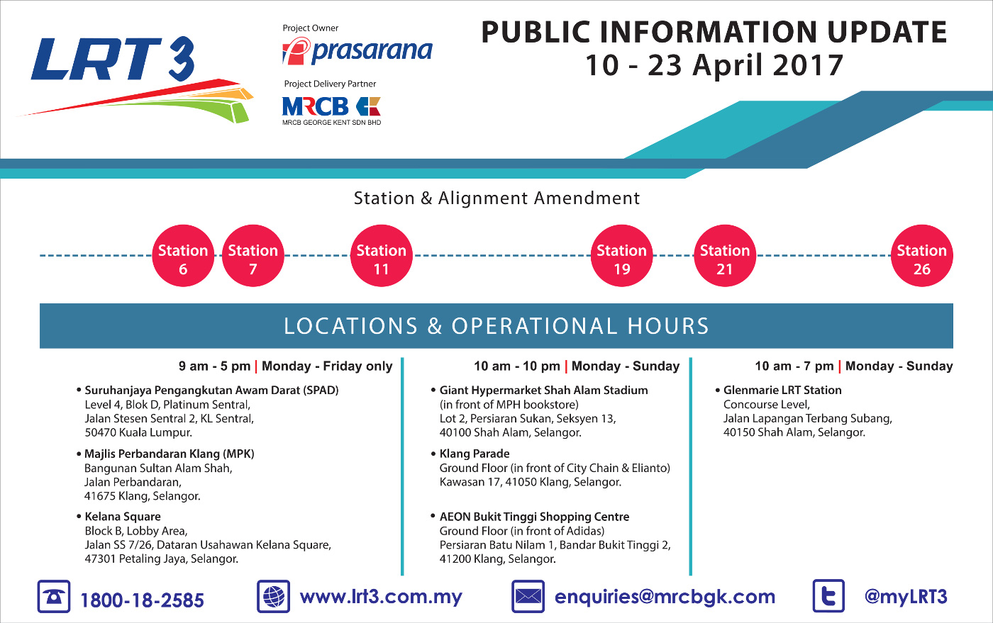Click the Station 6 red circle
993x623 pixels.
pos(183,256)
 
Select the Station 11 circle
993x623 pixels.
pos(382,256)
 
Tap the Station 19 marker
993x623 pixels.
pos(621,256)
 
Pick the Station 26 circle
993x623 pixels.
pos(921,256)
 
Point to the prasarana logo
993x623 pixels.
pos(357,50)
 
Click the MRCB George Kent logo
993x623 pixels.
pos(332,111)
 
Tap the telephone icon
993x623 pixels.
pos(54,596)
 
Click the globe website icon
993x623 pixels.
pos(274,596)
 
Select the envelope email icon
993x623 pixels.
pos(528,596)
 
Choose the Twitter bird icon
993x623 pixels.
pos(828,596)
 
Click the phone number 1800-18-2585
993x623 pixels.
pos(142,600)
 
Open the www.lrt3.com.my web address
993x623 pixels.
pos(381,597)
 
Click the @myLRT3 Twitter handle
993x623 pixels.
pos(906,597)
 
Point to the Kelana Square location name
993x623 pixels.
pos(123,517)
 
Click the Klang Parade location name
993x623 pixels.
pos(475,454)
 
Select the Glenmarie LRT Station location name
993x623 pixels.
pos(782,390)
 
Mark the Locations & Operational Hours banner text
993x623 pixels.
pos(496,326)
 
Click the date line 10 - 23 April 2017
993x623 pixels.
pos(714,65)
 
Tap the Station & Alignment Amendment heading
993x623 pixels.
pos(496,198)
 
